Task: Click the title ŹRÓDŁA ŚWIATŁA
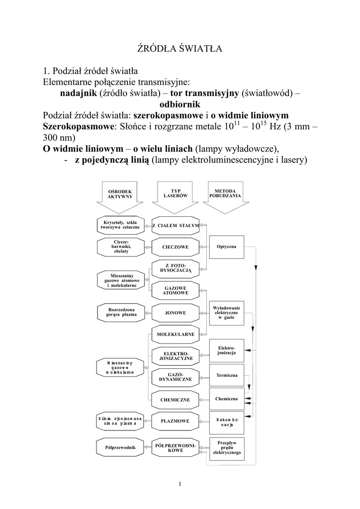pyautogui.click(x=180, y=49)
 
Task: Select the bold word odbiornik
pyautogui.click(x=180, y=104)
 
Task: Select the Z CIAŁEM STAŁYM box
pyautogui.click(x=176, y=225)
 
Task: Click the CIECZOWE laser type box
pyautogui.click(x=176, y=247)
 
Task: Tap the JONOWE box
pyautogui.click(x=176, y=313)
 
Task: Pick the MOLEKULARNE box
pyautogui.click(x=176, y=335)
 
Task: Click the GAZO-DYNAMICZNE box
pyautogui.click(x=176, y=378)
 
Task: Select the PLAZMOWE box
pyautogui.click(x=176, y=421)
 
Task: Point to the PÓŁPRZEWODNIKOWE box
pyautogui.click(x=176, y=447)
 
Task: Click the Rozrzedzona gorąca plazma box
pyautogui.click(x=120, y=312)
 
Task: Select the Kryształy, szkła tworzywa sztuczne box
pyautogui.click(x=120, y=225)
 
